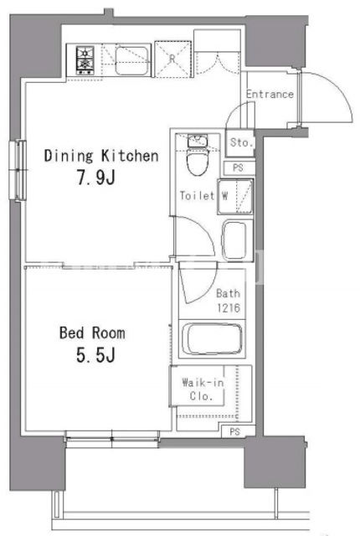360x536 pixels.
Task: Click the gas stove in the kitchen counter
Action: [85, 60]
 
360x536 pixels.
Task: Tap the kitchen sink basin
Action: [131, 60]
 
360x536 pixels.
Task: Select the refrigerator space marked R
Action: [172, 59]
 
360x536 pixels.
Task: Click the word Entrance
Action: [270, 94]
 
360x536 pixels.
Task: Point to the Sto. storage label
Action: [242, 142]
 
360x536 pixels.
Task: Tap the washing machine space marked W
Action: [235, 196]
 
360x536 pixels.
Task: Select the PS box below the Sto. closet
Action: [238, 167]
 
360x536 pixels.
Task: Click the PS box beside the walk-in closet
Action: [235, 432]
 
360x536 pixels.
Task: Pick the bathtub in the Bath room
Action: [212, 338]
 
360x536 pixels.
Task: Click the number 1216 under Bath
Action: [229, 307]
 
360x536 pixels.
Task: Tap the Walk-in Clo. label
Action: [203, 389]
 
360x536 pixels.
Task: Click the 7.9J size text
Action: [96, 178]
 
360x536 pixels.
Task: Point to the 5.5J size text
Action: [95, 355]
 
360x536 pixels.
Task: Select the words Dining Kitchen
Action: [101, 156]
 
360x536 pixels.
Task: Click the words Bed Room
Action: [92, 332]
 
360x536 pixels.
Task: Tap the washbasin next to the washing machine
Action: [234, 240]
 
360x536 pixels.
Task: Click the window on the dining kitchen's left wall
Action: [18, 170]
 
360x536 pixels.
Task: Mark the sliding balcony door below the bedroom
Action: [112, 439]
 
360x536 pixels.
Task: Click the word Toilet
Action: [197, 195]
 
